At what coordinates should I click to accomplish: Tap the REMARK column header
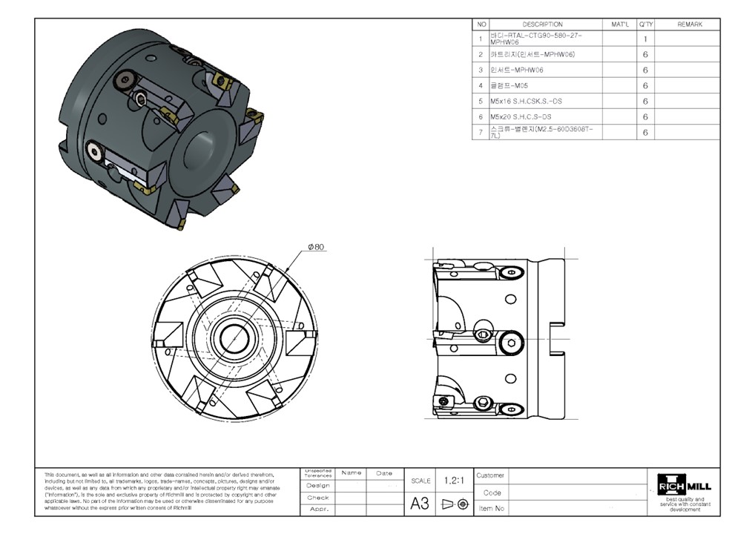(x=689, y=24)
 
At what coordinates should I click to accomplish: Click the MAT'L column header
(x=619, y=24)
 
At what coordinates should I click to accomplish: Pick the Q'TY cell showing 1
(x=646, y=39)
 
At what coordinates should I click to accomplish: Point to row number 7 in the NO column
(x=481, y=132)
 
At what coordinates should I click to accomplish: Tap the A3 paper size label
(x=420, y=504)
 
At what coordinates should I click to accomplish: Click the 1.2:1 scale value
(x=454, y=481)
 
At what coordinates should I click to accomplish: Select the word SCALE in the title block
(x=420, y=481)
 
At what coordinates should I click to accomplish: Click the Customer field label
(x=490, y=475)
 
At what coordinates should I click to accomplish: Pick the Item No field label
(x=491, y=509)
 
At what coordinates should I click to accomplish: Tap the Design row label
(x=318, y=485)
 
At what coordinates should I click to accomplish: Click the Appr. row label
(x=318, y=510)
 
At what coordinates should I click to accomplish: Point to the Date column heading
(x=384, y=473)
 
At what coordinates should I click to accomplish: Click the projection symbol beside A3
(x=454, y=504)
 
